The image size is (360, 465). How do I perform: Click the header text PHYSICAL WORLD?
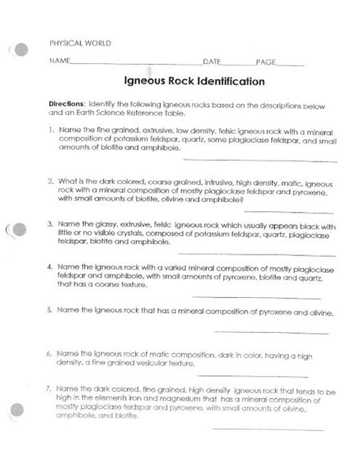[79, 43]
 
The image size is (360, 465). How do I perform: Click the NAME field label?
[60, 61]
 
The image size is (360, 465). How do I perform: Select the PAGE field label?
[266, 61]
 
